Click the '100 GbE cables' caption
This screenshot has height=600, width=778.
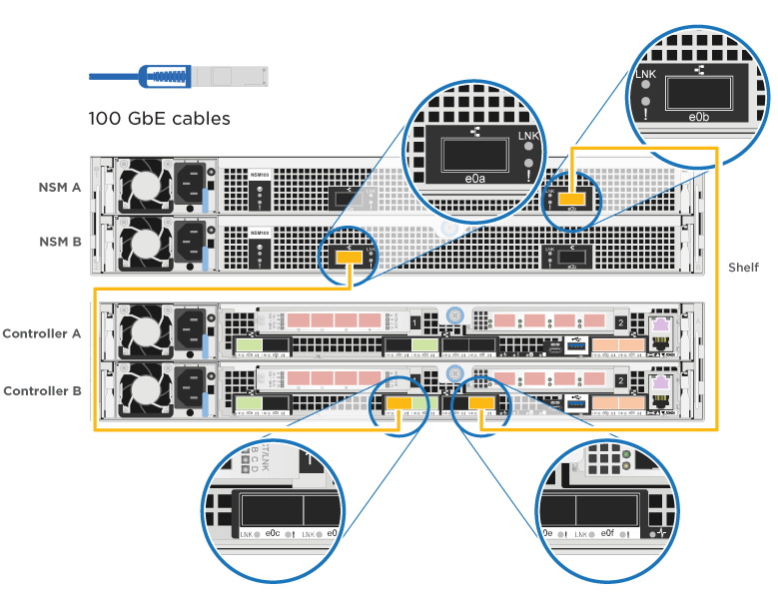(160, 119)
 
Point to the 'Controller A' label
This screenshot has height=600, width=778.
(42, 332)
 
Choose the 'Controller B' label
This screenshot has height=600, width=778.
(42, 390)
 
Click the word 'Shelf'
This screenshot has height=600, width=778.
(742, 268)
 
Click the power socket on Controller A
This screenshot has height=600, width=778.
(191, 327)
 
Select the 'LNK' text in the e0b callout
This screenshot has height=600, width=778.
(646, 75)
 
